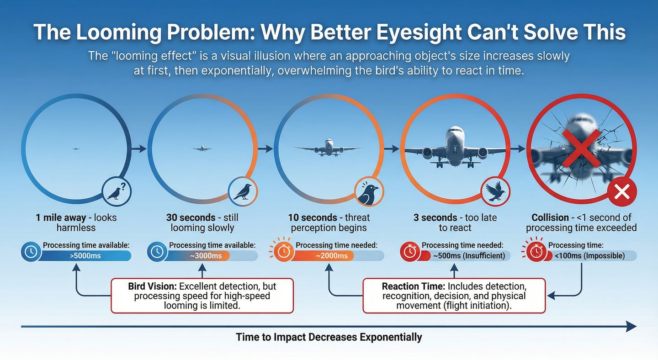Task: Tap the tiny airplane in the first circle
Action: [x=76, y=148]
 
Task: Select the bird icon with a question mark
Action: [x=117, y=191]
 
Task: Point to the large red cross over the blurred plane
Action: [x=581, y=142]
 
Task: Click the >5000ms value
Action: [x=85, y=256]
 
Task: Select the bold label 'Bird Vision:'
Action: [x=153, y=287]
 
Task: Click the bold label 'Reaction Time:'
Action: [x=414, y=287]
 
